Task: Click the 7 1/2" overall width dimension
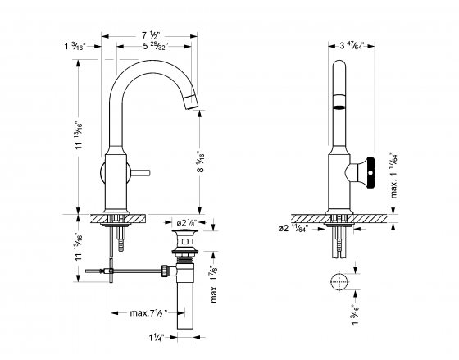pyautogui.click(x=149, y=35)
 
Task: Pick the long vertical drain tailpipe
pyautogui.click(x=184, y=303)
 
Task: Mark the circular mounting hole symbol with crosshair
pyautogui.click(x=339, y=281)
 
